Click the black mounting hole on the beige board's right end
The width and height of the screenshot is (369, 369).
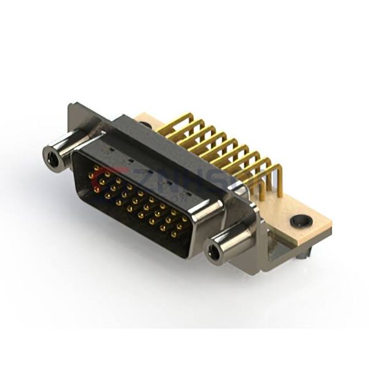(301, 221)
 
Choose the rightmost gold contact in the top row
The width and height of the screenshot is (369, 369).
(184, 218)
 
